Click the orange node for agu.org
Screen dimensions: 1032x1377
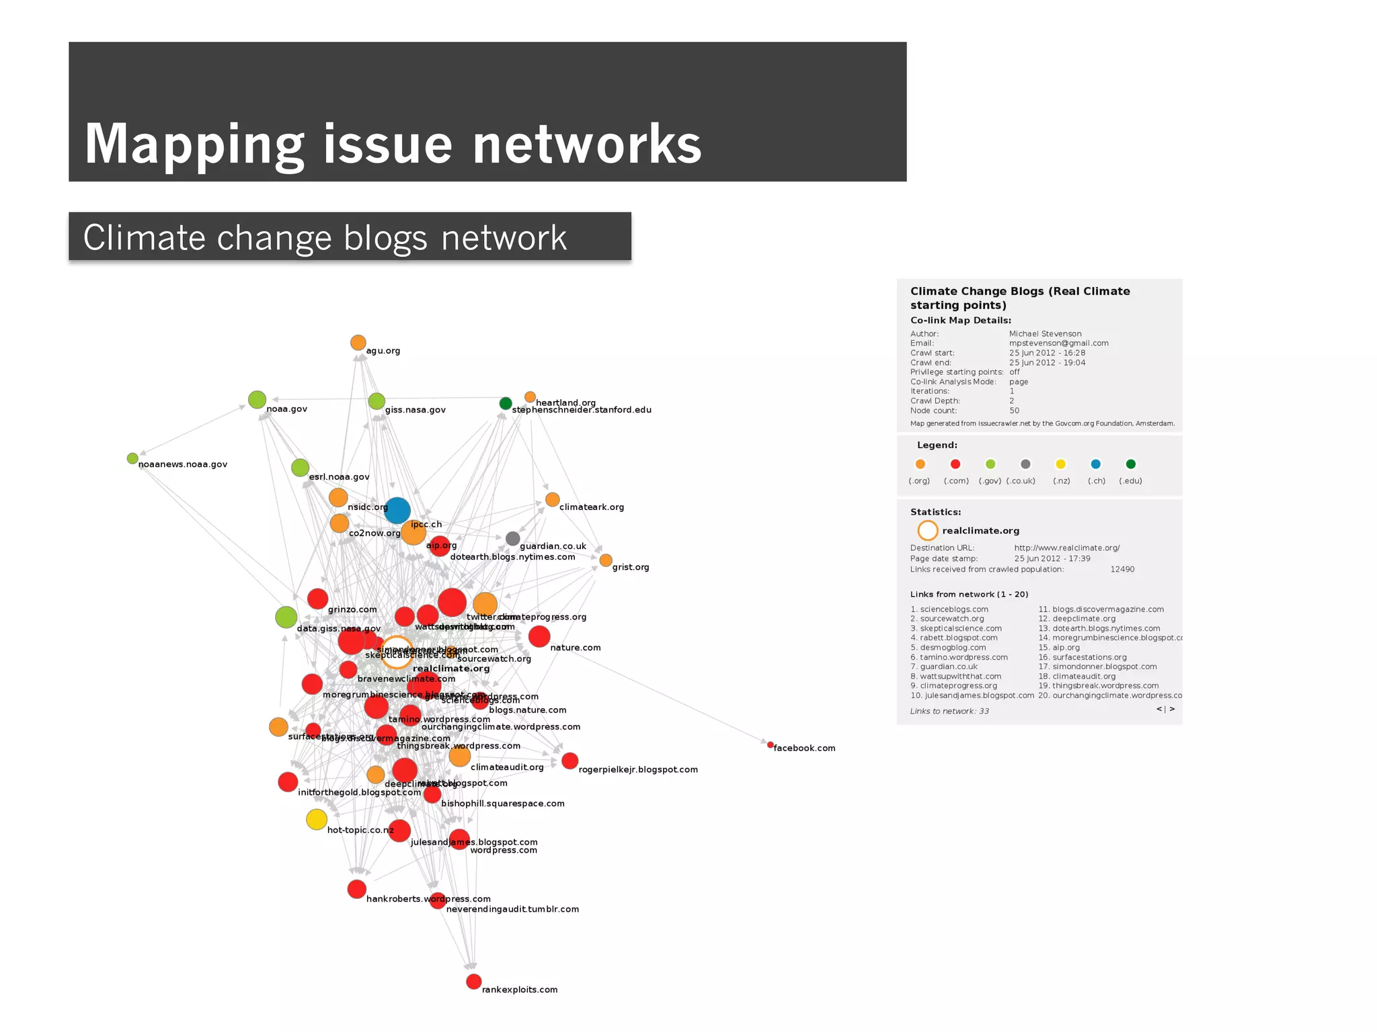(x=358, y=343)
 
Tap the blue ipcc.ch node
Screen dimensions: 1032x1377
(x=397, y=511)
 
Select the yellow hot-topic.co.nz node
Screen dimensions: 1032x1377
(x=317, y=820)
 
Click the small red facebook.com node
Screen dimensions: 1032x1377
(x=771, y=744)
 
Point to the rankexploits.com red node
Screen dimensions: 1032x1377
(x=473, y=982)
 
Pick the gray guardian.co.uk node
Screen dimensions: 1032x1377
(x=512, y=538)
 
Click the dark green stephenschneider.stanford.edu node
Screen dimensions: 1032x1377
(x=506, y=403)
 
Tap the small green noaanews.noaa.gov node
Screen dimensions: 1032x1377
(x=132, y=458)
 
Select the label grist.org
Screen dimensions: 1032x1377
(x=630, y=567)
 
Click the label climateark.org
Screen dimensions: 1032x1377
(x=591, y=507)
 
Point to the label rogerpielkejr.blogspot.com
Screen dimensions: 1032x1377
(x=637, y=770)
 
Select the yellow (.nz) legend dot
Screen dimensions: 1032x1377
(x=1060, y=464)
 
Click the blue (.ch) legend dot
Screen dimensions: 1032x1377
(x=1095, y=464)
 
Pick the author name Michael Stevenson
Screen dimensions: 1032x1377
(x=1045, y=334)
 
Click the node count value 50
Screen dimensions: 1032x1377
(x=1014, y=411)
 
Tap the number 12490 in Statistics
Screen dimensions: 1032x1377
(x=1122, y=569)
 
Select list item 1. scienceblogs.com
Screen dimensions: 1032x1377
(x=949, y=609)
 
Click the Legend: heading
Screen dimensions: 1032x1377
(x=937, y=445)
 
